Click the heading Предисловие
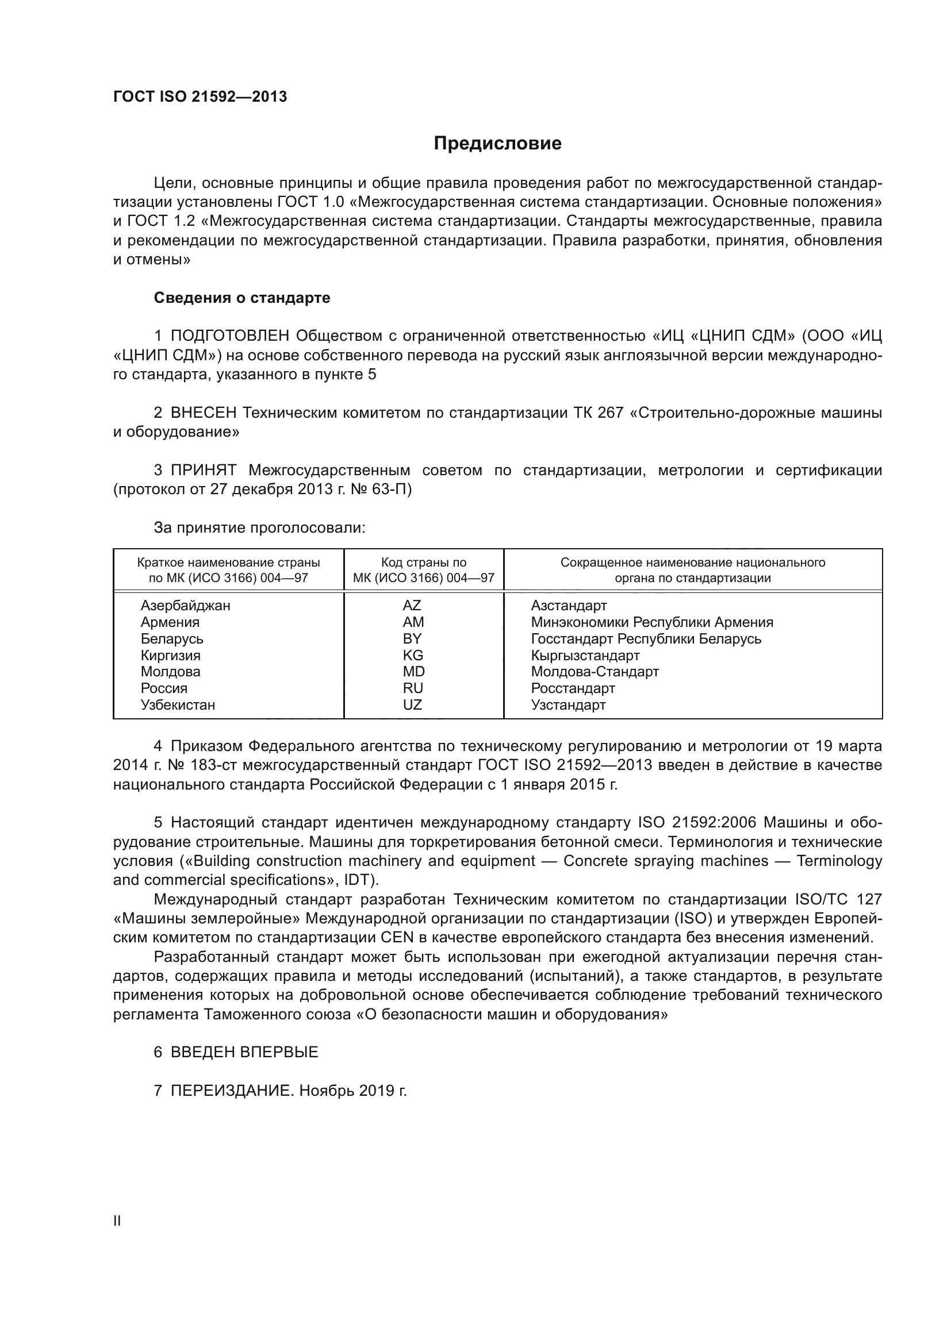point(497,144)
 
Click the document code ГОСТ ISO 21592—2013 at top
point(200,97)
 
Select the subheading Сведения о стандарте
point(242,298)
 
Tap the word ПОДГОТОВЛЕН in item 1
point(230,336)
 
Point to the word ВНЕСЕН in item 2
point(204,413)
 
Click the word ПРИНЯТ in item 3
point(204,470)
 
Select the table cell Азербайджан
point(185,605)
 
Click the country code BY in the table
point(412,638)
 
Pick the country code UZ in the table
point(412,705)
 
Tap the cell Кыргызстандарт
point(585,655)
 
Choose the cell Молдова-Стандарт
point(595,671)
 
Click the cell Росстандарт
point(573,688)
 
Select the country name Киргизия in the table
point(170,655)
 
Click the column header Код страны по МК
point(423,570)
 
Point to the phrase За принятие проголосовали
point(259,528)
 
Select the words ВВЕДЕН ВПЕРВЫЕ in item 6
point(244,1052)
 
